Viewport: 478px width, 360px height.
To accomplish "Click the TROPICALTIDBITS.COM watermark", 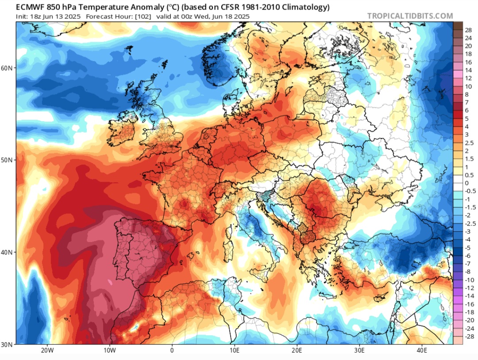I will point(410,16).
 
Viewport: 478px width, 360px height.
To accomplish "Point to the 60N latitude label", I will point(8,68).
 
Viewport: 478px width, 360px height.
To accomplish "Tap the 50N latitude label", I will point(8,160).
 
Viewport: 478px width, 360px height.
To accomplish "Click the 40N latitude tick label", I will point(8,252).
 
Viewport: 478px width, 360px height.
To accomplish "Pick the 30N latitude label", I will point(8,344).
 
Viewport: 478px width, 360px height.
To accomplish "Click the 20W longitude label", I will point(47,351).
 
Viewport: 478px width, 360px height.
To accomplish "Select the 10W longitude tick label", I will point(109,351).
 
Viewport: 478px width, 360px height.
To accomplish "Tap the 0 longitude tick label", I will point(172,351).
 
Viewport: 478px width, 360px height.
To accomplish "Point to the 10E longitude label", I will point(235,351).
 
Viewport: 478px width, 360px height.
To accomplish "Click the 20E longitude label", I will point(297,351).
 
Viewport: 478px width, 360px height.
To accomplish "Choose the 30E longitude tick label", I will point(359,351).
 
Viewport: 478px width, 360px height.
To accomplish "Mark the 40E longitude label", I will point(422,351).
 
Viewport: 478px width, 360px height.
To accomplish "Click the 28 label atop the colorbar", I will point(468,30).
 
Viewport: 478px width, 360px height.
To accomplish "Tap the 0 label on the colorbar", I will point(466,183).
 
